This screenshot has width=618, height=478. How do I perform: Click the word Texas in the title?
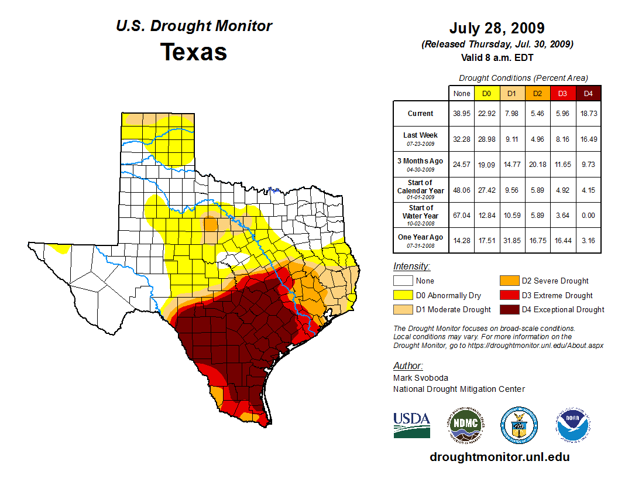click(x=194, y=52)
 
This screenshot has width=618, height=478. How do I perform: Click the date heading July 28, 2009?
click(x=497, y=28)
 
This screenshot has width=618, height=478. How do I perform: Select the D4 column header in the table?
click(x=588, y=93)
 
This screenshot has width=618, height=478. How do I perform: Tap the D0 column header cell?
click(x=486, y=93)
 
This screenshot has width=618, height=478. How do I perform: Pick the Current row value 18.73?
click(x=588, y=114)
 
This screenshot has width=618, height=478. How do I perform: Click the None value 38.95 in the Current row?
click(x=462, y=114)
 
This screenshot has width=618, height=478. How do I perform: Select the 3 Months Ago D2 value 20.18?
click(x=537, y=165)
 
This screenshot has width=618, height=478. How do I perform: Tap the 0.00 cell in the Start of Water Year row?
click(x=588, y=215)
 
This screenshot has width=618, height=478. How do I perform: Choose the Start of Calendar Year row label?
click(x=420, y=190)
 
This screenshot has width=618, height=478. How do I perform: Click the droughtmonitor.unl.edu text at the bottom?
click(x=499, y=457)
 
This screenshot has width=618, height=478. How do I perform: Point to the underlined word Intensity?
click(x=411, y=267)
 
